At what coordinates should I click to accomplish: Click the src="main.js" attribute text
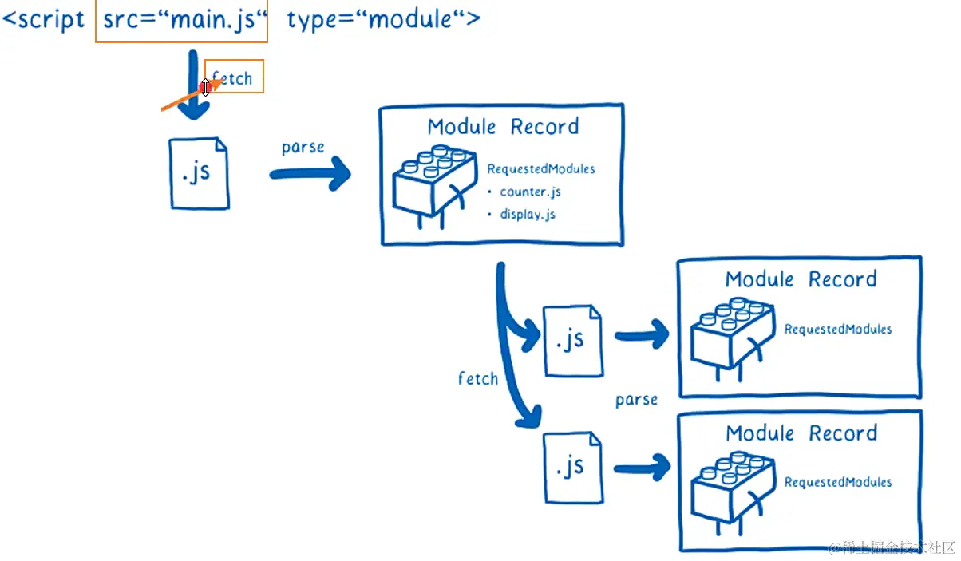(x=185, y=20)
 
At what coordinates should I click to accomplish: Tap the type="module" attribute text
(x=384, y=20)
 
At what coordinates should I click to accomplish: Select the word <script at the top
(x=43, y=20)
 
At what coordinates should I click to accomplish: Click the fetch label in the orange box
(x=232, y=77)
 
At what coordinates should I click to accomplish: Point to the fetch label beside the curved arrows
(x=478, y=378)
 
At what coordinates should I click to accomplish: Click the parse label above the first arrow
(x=303, y=147)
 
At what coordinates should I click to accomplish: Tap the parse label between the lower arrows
(x=636, y=400)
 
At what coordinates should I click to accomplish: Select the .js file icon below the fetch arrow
(x=199, y=173)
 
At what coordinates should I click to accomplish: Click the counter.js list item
(x=530, y=192)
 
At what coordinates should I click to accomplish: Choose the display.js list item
(x=528, y=214)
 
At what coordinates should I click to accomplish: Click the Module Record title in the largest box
(x=503, y=127)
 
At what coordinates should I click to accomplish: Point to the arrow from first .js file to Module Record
(x=310, y=174)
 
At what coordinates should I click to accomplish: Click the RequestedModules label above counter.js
(x=540, y=169)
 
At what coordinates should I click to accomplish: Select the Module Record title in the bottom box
(x=801, y=433)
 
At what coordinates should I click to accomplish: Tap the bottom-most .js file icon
(x=573, y=468)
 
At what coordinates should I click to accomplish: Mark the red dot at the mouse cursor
(x=204, y=87)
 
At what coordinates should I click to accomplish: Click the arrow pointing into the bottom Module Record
(x=643, y=468)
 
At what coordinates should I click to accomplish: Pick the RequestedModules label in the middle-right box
(x=838, y=329)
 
